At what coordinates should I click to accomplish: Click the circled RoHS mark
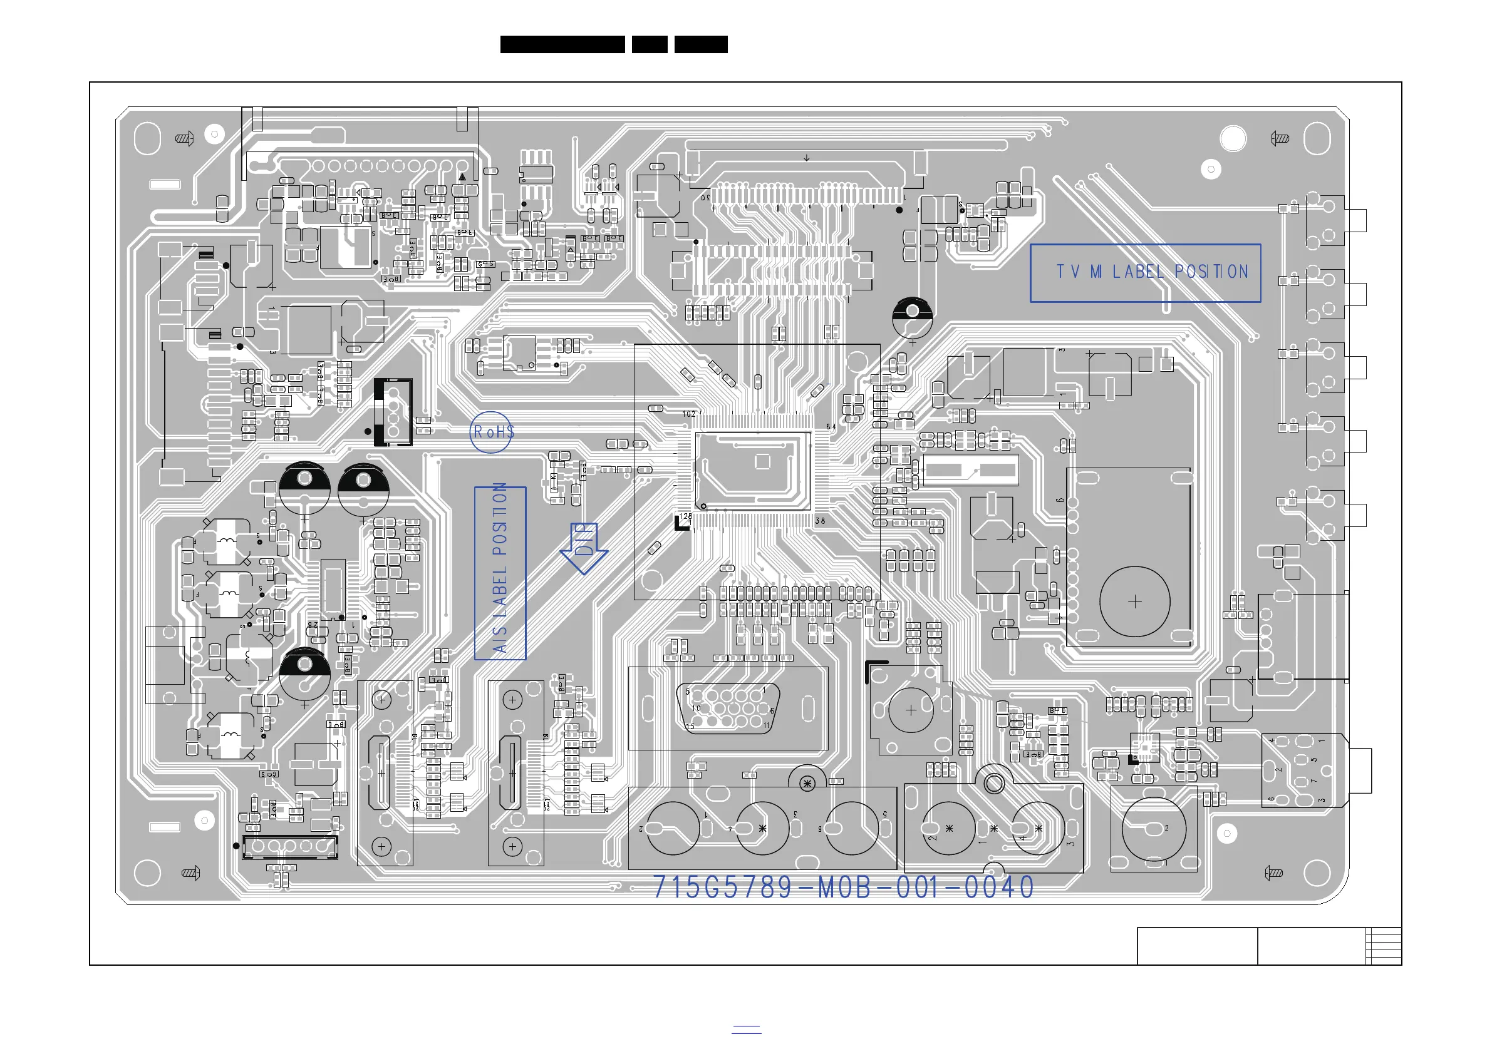(492, 432)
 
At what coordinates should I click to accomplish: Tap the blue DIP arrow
(584, 548)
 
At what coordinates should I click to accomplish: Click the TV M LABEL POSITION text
(1151, 272)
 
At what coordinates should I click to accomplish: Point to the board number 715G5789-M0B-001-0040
(843, 887)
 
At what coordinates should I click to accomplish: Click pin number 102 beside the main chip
(689, 414)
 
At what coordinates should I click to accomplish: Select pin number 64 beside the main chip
(831, 427)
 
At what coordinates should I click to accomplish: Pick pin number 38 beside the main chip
(820, 521)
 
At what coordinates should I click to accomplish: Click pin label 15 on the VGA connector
(690, 726)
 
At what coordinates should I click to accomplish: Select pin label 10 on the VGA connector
(696, 708)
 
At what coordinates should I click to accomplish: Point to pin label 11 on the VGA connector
(767, 725)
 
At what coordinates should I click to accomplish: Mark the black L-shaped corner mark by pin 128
(680, 524)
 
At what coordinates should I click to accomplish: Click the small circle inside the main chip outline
(703, 505)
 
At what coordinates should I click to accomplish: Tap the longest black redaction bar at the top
(562, 44)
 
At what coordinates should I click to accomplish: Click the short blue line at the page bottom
(746, 1028)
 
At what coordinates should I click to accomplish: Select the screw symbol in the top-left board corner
(185, 138)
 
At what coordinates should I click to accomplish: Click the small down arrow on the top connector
(806, 158)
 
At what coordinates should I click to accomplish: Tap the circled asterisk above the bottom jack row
(807, 783)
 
